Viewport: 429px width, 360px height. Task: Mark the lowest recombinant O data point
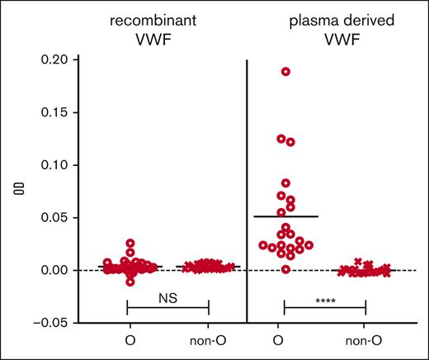129,282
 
